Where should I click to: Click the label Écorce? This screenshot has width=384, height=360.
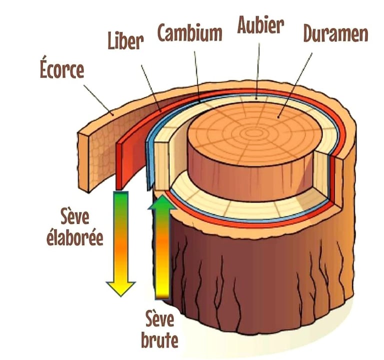pos(61,69)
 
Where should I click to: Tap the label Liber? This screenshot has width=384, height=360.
pos(125,42)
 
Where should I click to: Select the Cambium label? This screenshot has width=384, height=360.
pos(189,33)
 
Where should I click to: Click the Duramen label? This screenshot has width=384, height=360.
pos(335,34)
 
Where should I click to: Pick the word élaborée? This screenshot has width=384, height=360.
pos(74,237)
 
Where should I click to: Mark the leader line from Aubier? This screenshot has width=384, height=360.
pos(258,70)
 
